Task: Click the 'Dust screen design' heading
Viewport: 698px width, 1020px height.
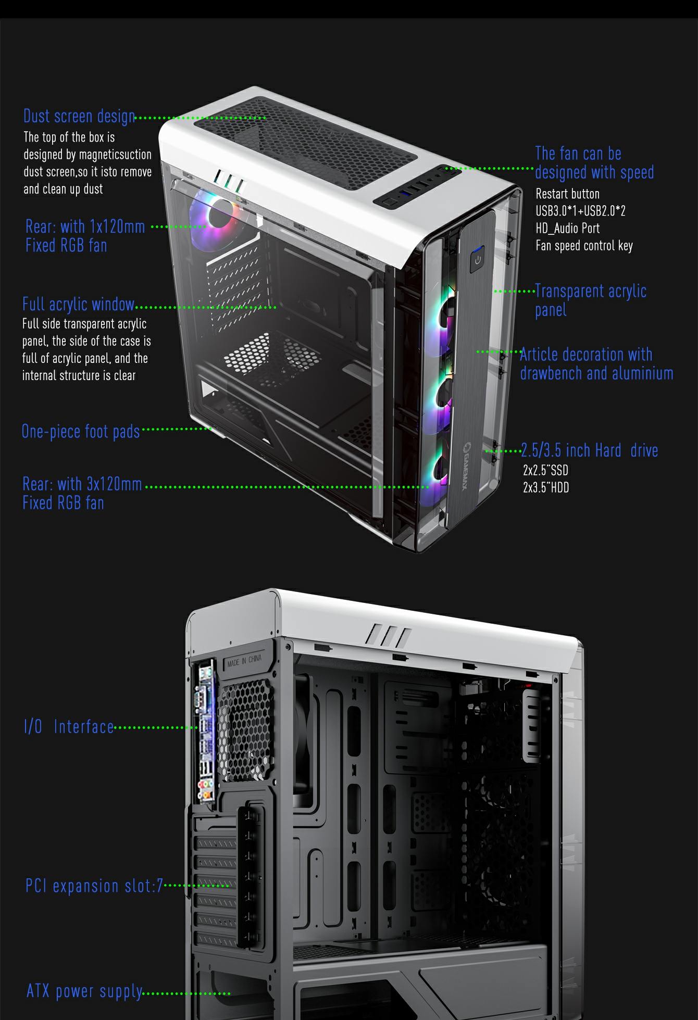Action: [79, 116]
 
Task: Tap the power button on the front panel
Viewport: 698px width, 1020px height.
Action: [477, 260]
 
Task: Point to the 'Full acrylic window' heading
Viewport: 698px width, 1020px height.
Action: [78, 304]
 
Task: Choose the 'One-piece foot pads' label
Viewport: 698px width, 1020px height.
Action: [81, 431]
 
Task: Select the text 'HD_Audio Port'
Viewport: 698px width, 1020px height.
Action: [567, 228]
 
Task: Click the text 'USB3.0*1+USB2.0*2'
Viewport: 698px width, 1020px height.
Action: [580, 211]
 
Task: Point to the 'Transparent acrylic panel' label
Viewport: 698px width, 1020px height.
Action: [591, 300]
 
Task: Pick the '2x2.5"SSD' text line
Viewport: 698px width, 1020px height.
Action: [545, 471]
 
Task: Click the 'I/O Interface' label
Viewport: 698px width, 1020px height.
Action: [69, 726]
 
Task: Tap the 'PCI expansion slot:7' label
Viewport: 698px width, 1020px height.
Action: [94, 886]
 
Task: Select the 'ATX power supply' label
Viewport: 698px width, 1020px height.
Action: [84, 991]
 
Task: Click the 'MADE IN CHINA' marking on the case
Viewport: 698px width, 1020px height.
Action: [244, 660]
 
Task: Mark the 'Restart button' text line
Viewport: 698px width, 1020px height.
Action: [567, 194]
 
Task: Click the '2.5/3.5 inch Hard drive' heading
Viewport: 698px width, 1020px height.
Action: [590, 450]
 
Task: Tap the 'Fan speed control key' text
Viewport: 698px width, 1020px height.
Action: [584, 245]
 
